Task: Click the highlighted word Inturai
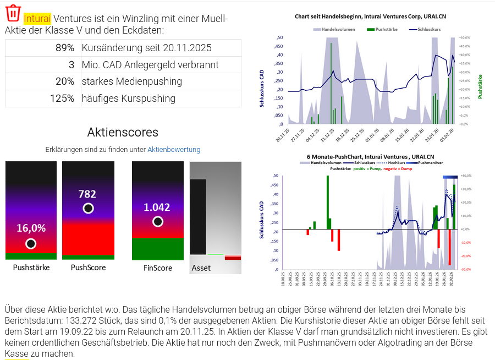(37, 19)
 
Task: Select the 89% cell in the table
(65, 48)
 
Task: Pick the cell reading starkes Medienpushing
(131, 81)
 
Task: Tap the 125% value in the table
(62, 99)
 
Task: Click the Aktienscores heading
(123, 132)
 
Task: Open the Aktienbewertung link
(174, 149)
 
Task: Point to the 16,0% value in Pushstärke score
(31, 228)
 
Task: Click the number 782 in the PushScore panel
(87, 194)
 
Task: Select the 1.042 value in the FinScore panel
(157, 208)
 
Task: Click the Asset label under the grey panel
(201, 268)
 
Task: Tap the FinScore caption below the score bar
(158, 268)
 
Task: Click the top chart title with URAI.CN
(370, 17)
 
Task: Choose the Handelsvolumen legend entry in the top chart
(338, 29)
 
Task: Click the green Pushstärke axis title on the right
(480, 86)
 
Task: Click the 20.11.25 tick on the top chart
(282, 135)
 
